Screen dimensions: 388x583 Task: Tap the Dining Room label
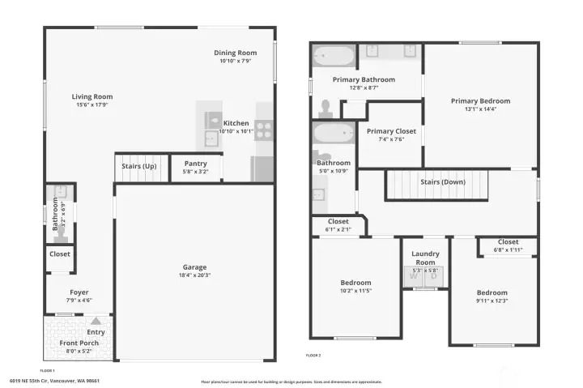point(236,53)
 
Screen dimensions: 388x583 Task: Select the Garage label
point(194,266)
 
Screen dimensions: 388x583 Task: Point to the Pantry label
point(196,163)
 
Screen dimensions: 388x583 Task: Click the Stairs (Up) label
point(139,166)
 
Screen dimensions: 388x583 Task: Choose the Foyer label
point(79,292)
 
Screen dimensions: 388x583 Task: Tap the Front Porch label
point(79,343)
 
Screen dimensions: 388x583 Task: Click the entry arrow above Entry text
point(96,322)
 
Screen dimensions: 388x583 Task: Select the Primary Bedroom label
point(481,101)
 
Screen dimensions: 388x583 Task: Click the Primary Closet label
point(391,131)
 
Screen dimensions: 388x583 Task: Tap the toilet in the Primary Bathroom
point(326,108)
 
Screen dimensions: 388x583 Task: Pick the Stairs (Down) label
point(443,181)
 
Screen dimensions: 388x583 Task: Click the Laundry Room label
point(425,258)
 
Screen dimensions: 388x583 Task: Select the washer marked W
point(415,276)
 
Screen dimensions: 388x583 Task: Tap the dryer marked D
point(433,276)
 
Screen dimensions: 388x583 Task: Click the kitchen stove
point(265,130)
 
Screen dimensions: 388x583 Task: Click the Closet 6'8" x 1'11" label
point(509,241)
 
